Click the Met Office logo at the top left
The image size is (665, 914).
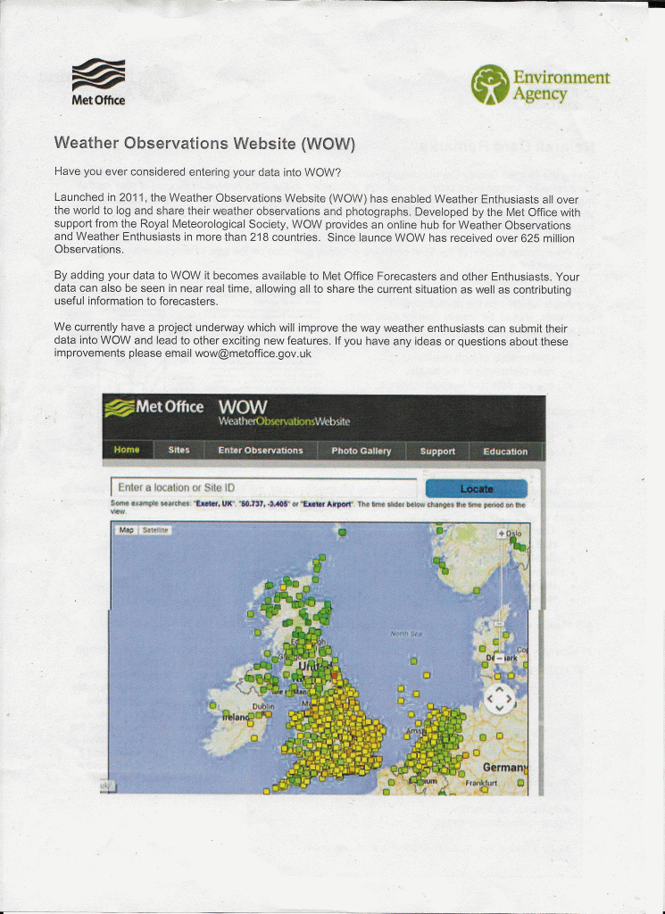(x=98, y=80)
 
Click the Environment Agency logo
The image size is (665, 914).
(x=541, y=85)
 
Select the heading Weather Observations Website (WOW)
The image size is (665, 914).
(x=204, y=144)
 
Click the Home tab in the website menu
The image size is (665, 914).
(x=127, y=450)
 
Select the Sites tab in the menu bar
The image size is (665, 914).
(x=179, y=450)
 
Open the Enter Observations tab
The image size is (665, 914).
(x=261, y=451)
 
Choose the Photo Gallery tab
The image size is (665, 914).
(x=362, y=451)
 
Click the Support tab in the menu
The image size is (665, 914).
(x=437, y=451)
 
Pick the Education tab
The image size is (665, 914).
(x=505, y=451)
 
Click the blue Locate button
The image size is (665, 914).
(x=477, y=488)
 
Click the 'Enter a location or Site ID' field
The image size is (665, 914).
(x=263, y=488)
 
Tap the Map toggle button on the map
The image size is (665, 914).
(x=126, y=530)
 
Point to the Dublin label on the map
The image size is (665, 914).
(x=262, y=705)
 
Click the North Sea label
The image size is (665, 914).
(x=406, y=634)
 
